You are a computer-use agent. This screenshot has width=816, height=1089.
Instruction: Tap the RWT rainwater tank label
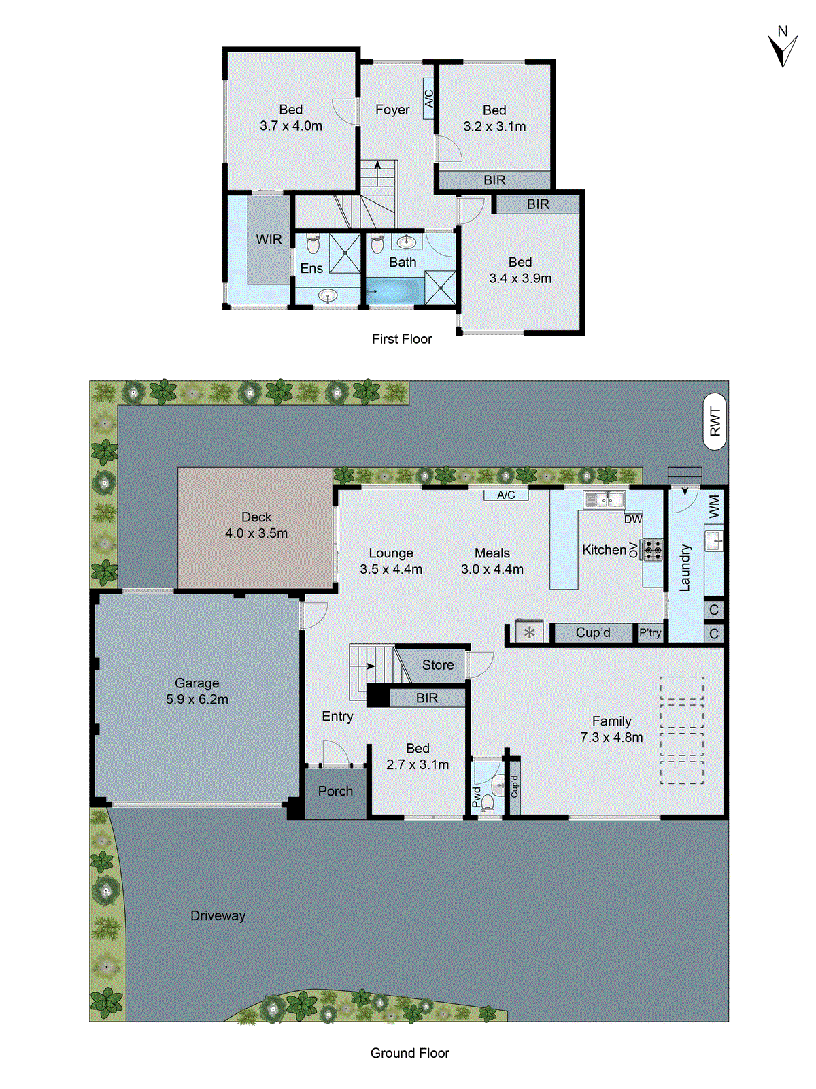pos(715,421)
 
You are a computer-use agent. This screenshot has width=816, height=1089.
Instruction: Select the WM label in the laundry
pos(714,506)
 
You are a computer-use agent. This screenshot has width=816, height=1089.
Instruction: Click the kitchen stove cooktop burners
pos(653,549)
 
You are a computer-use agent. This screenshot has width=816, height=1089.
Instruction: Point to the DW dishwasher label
pos(632,519)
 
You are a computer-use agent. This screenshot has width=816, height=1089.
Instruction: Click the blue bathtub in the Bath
pos(394,291)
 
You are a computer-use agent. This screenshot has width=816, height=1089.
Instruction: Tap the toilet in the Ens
pos(313,244)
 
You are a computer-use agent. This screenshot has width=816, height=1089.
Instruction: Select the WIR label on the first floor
pos(269,240)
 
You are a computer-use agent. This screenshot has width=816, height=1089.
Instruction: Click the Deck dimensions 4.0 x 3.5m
pos(256,534)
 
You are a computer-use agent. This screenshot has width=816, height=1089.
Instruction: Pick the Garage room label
pos(197,683)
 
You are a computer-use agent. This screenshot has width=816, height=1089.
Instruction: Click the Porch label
pos(335,791)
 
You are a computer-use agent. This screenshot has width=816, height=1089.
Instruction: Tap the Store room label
pos(437,665)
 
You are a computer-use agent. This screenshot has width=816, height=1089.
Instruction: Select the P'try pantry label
pos(650,633)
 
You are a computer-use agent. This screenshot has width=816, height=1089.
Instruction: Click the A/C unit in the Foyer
pos(429,99)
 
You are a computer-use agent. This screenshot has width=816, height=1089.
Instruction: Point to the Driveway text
pos(218,915)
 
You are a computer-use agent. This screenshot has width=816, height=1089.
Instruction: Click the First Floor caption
pos(402,339)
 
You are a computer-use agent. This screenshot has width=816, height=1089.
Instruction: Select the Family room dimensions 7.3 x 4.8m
pos(611,737)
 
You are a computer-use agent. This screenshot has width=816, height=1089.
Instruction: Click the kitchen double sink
pos(604,500)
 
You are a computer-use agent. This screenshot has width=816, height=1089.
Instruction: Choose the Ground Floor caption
pos(409,1053)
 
